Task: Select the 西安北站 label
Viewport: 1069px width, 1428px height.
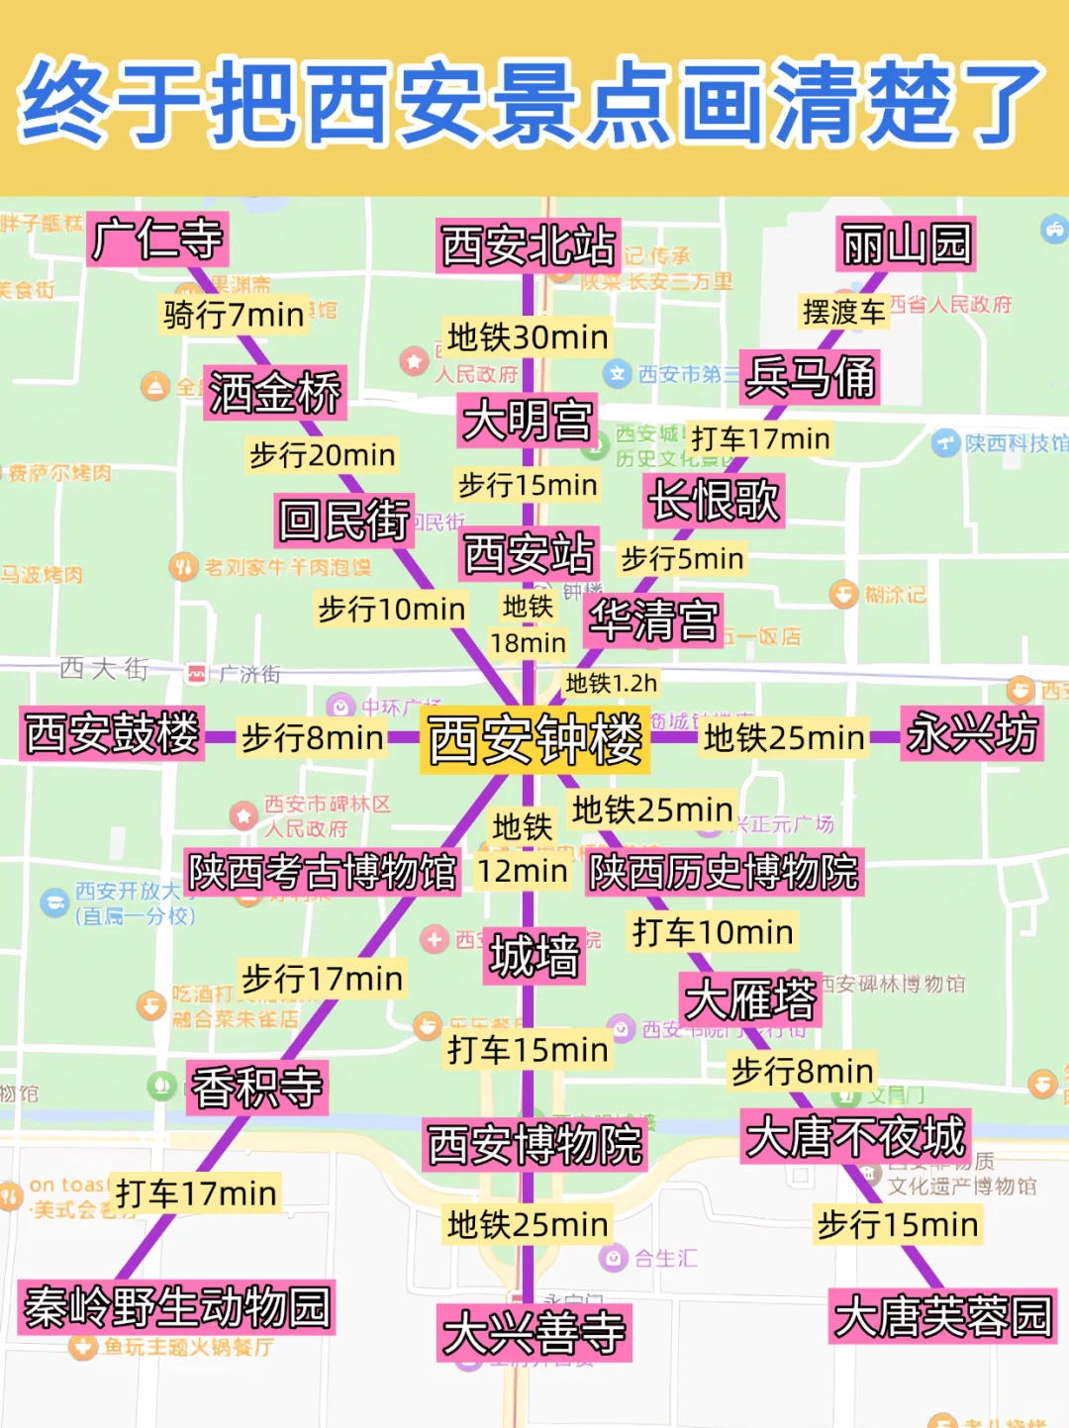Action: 529,245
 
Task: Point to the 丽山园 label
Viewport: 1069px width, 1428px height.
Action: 906,244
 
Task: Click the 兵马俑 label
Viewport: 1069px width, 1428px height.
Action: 811,377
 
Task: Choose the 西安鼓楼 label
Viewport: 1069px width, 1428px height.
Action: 112,734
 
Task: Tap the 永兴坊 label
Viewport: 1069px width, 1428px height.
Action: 972,734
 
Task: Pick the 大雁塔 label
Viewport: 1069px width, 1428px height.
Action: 751,999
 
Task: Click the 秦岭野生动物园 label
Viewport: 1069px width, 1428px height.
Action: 177,1307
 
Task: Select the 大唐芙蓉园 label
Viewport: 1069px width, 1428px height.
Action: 942,1317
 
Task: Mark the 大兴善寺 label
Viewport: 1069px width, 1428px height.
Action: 534,1333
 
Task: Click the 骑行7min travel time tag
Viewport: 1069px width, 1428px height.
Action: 234,315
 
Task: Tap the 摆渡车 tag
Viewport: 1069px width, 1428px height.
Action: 843,312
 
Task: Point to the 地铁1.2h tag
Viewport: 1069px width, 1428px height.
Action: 611,683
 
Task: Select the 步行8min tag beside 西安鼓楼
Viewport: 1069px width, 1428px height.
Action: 312,737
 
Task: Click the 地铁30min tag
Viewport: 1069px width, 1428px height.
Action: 528,337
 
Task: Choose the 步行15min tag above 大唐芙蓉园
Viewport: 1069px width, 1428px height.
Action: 897,1225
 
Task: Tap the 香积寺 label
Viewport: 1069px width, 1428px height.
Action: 257,1088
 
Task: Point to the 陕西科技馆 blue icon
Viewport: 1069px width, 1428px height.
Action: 945,442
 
